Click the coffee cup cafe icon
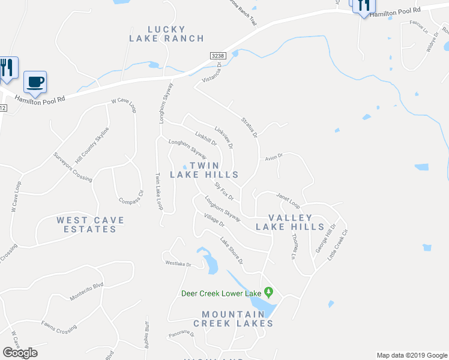(x=35, y=82)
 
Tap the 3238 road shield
(x=218, y=55)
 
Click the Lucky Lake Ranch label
(x=166, y=34)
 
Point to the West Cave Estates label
(x=91, y=224)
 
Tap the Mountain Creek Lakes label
(x=234, y=319)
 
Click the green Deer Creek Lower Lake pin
(x=269, y=293)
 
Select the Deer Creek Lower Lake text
(x=222, y=293)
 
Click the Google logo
(x=20, y=353)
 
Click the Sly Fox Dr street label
(x=223, y=192)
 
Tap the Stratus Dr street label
(x=249, y=127)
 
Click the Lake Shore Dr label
(x=231, y=251)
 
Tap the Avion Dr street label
(x=274, y=157)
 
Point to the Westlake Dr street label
(x=178, y=264)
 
